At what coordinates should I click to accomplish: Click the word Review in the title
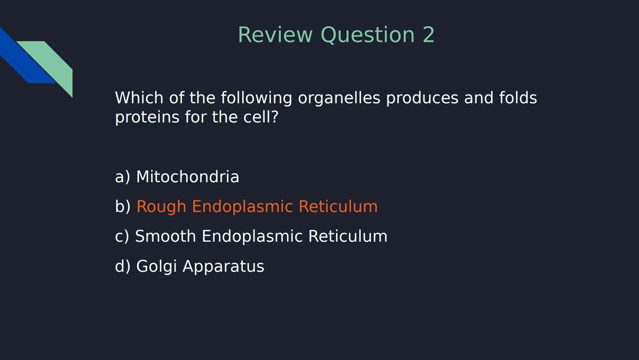275,35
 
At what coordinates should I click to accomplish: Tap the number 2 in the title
428,35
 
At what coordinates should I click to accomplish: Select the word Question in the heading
367,35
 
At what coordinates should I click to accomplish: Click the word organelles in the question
339,98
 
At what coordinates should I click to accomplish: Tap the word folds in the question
518,98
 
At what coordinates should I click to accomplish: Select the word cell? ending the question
261,117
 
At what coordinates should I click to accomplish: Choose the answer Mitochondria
188,177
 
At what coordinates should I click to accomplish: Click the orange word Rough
161,206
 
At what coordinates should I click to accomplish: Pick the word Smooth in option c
165,236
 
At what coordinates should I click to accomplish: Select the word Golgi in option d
156,267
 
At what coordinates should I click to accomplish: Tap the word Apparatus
223,267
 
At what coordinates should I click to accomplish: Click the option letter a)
122,177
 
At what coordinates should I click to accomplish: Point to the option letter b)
122,206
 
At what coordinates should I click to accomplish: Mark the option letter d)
122,266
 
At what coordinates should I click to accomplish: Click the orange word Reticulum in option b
338,206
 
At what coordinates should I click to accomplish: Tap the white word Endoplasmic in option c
252,236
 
